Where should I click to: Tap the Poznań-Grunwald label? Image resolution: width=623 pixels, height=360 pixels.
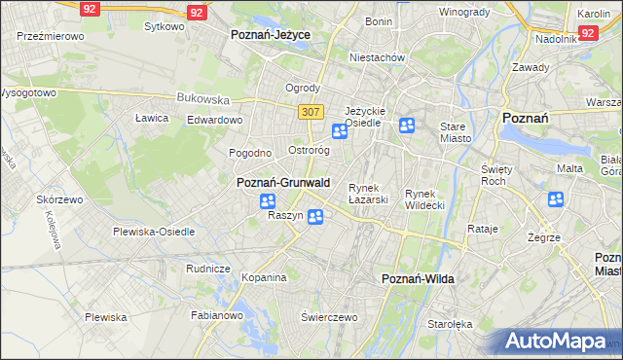[283, 182]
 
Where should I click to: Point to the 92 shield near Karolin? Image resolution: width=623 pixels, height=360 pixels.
[587, 32]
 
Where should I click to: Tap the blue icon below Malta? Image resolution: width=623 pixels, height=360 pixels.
[556, 199]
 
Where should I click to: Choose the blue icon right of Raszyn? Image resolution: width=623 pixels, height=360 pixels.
[315, 217]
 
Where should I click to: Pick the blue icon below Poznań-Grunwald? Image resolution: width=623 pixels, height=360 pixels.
[268, 201]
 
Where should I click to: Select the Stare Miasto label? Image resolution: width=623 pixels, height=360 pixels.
[455, 132]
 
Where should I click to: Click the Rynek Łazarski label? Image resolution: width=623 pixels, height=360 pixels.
[369, 193]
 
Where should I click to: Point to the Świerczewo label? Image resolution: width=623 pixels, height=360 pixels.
[329, 317]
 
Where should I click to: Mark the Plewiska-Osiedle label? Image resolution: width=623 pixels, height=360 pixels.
[154, 232]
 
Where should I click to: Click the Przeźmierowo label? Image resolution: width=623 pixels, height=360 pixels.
[51, 35]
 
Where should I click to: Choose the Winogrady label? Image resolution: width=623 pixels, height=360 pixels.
[464, 12]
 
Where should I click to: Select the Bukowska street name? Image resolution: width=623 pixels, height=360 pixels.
[202, 98]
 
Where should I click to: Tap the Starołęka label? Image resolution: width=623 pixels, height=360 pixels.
[450, 324]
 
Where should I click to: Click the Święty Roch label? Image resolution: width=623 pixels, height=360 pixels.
[496, 175]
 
